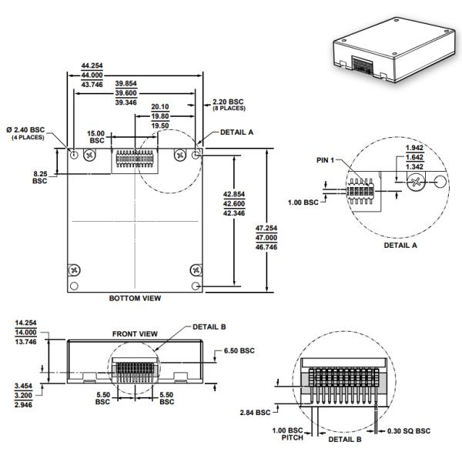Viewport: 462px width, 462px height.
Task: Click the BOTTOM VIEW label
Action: [135, 296]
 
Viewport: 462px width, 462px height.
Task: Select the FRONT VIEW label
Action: [134, 333]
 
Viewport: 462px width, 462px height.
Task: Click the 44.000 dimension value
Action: [92, 75]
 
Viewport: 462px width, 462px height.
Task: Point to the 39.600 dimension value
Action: [126, 92]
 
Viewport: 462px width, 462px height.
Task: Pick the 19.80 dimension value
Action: [161, 116]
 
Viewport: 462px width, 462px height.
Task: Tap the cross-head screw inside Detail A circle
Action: [416, 183]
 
